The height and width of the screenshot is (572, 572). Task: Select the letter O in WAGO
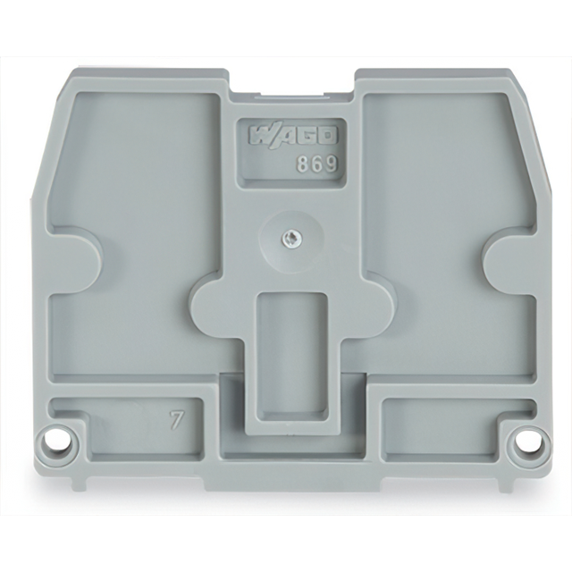(328, 137)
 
